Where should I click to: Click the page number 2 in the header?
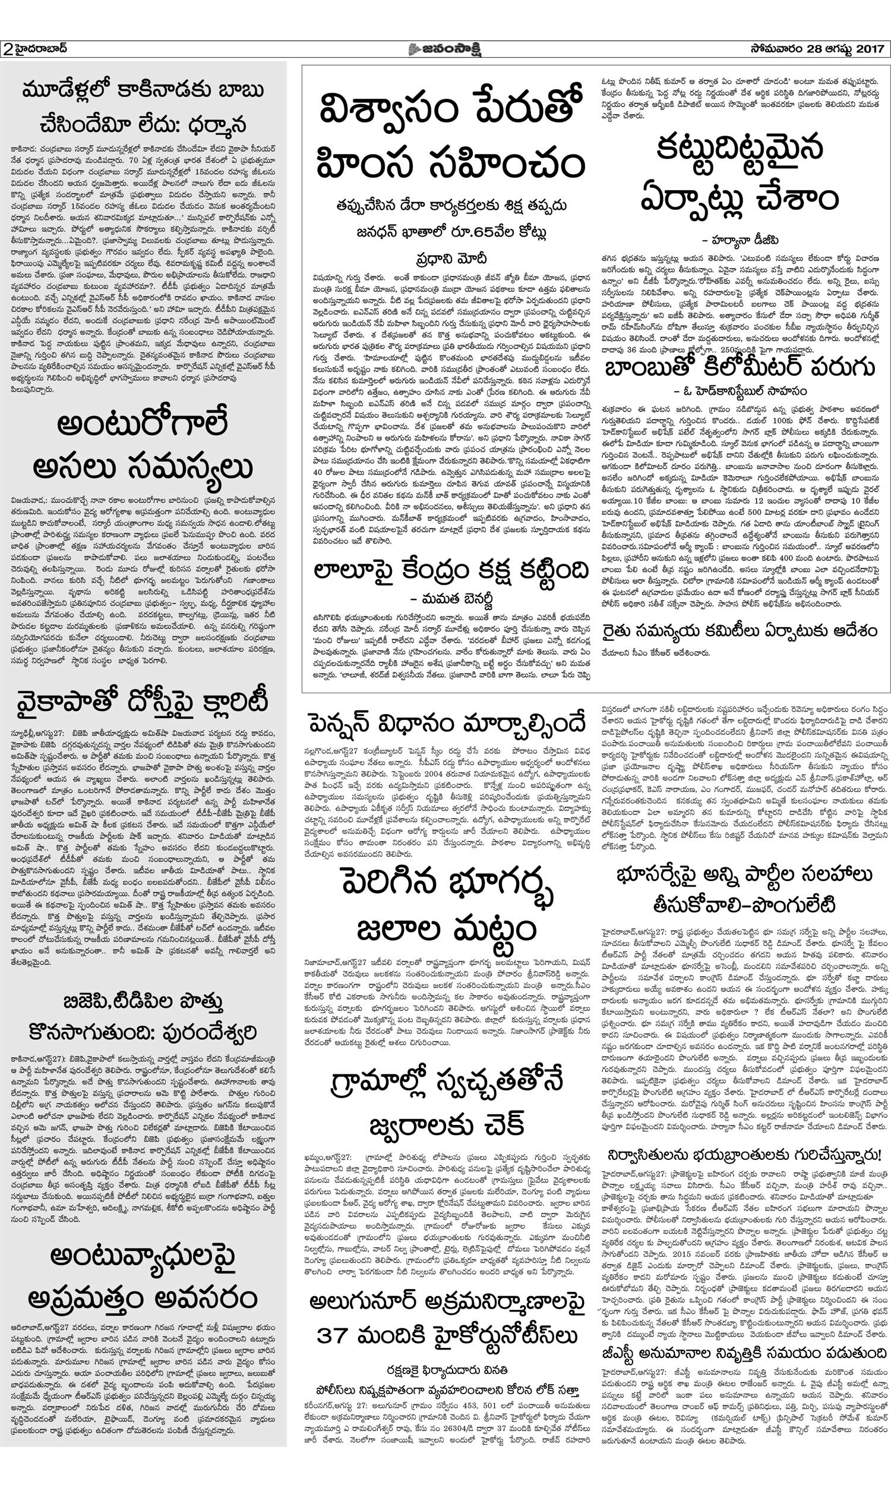[x=8, y=49]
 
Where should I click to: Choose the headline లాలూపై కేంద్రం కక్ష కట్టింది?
[x=451, y=571]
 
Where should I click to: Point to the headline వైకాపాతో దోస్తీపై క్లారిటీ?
[x=143, y=702]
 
